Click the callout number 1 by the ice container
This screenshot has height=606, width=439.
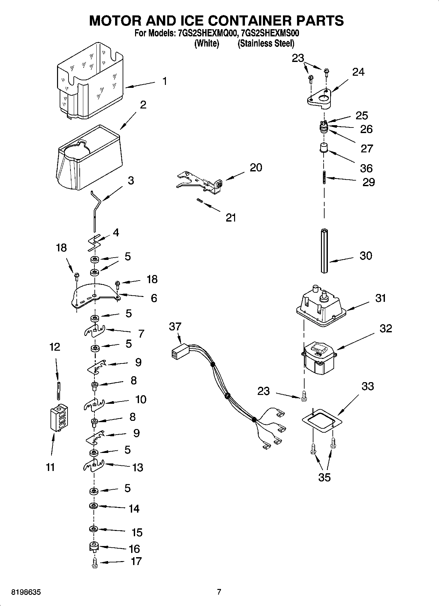(165, 81)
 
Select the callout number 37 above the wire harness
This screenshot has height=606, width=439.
(175, 326)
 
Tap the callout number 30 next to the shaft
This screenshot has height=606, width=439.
(366, 255)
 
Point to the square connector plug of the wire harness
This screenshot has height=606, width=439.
(178, 354)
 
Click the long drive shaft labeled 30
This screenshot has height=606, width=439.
(324, 251)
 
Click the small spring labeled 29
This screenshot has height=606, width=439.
(324, 178)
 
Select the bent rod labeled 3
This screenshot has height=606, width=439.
(96, 210)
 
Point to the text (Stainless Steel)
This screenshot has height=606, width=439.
(266, 43)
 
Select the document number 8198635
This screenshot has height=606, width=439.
(26, 592)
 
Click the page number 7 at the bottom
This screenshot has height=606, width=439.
(219, 592)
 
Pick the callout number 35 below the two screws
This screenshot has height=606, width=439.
(324, 477)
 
